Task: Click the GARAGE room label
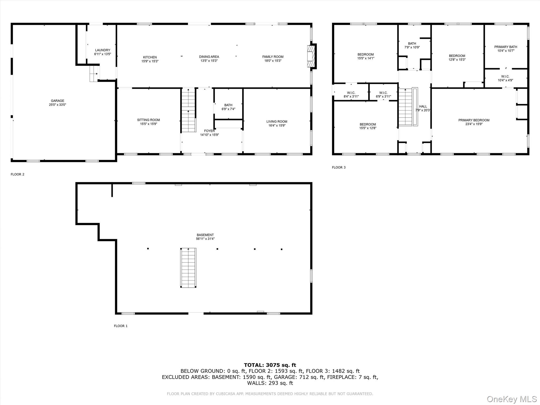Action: tap(57, 101)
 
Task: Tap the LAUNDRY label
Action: tap(103, 50)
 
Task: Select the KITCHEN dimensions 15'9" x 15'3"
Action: tap(150, 61)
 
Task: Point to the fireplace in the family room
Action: tap(311, 56)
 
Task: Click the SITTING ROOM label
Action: tap(148, 120)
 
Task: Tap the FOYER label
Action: tap(209, 131)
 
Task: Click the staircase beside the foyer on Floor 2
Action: tap(189, 111)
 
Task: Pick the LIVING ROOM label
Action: tap(277, 122)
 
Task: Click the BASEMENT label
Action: tap(205, 235)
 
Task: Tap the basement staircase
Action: tap(188, 268)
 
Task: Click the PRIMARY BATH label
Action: tap(505, 47)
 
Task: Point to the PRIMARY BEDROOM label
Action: tap(474, 120)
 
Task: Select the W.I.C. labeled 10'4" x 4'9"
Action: tap(505, 78)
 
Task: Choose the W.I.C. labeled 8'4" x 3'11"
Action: tap(351, 95)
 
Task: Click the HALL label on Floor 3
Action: tap(423, 107)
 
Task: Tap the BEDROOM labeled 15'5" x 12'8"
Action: tap(368, 126)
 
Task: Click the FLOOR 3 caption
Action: tap(339, 167)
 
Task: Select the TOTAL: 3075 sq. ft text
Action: tap(270, 365)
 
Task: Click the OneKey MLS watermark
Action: tap(512, 399)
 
